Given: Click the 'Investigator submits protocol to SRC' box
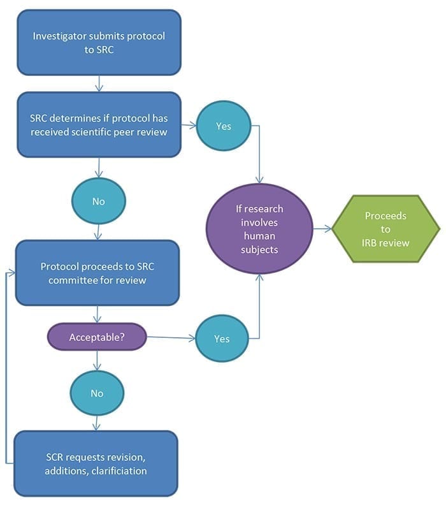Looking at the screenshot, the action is coord(99,43).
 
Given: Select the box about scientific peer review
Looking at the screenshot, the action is coord(99,124).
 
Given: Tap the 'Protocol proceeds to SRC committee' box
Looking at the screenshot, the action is coord(97,273).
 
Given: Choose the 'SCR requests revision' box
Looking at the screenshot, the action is coord(96,463).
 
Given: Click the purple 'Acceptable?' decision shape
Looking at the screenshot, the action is coord(97,337).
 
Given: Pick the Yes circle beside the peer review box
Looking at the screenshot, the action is coord(224,126).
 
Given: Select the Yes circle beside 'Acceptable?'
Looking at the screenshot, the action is coord(222,339).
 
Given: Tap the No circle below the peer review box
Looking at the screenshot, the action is coord(99,201).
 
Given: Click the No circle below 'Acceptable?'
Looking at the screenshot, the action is coord(97,393).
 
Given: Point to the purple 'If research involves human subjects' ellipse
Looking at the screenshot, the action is coord(259,229).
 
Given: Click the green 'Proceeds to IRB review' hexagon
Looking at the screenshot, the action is coord(385,229).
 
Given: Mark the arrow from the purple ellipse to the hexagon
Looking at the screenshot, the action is coord(322,229).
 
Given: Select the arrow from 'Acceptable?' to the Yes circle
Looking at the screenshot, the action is coord(171,338).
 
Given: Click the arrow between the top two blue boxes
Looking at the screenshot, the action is coord(99,84).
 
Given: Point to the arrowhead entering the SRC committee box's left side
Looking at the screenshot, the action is coord(11,273).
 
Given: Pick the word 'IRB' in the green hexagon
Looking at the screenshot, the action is coord(369,243).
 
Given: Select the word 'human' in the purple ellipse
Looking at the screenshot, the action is coord(259,236).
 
